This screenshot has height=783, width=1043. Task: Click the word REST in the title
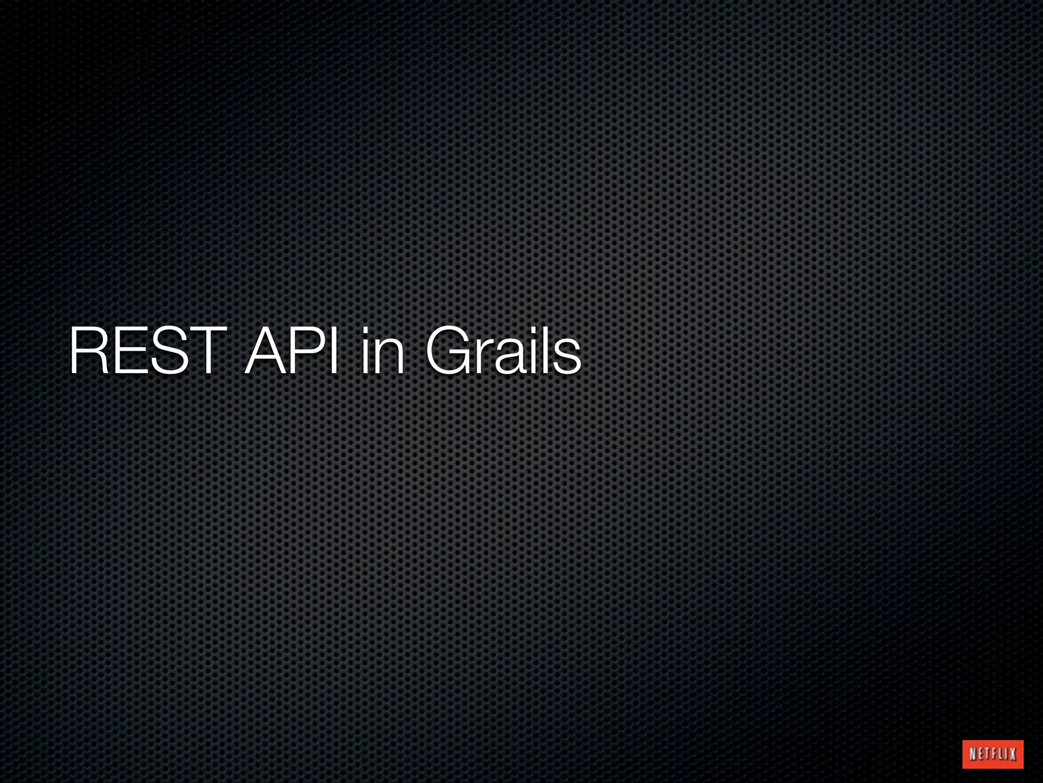(x=148, y=351)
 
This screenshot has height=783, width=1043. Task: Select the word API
(x=291, y=351)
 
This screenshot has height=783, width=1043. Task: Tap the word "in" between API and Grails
(x=381, y=351)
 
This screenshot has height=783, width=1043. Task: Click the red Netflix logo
(x=993, y=754)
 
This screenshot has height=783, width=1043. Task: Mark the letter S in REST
(x=166, y=351)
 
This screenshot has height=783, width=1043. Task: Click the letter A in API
(x=264, y=351)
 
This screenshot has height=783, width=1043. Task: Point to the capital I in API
(x=333, y=351)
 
